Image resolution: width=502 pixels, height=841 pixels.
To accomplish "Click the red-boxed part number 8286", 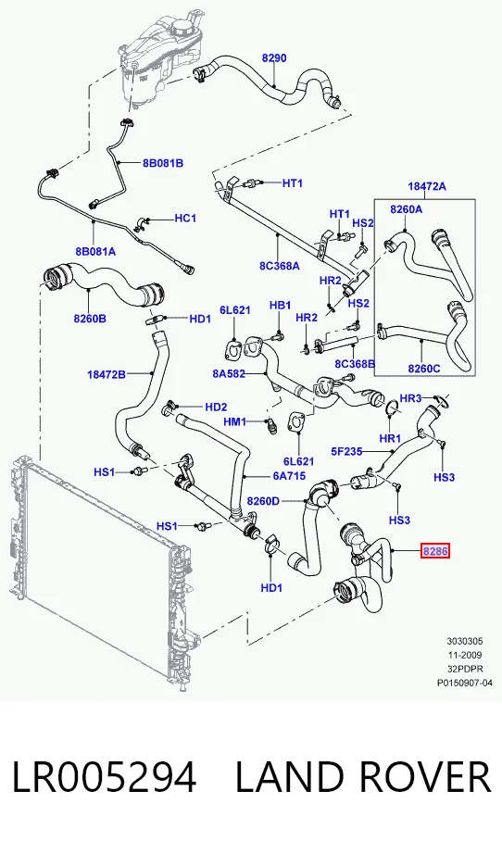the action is pyautogui.click(x=434, y=551).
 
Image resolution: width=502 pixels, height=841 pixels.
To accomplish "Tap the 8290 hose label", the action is pyautogui.click(x=274, y=58).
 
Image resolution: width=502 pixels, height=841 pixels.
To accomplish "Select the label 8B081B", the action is pyautogui.click(x=163, y=163).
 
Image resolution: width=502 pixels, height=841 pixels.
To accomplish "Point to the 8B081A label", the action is pyautogui.click(x=95, y=251).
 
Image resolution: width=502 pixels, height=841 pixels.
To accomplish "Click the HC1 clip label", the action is pyautogui.click(x=185, y=219).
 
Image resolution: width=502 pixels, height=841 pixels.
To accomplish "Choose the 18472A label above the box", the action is pyautogui.click(x=427, y=187).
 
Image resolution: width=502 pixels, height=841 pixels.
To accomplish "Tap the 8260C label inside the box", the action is pyautogui.click(x=423, y=369).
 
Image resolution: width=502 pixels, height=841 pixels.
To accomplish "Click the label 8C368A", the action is pyautogui.click(x=280, y=266).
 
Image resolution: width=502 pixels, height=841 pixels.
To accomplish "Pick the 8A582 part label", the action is pyautogui.click(x=229, y=373).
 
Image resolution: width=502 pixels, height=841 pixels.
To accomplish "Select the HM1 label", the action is pyautogui.click(x=234, y=422).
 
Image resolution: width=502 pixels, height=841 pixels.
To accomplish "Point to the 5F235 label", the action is pyautogui.click(x=346, y=452).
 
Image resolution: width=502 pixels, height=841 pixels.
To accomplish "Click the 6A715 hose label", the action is pyautogui.click(x=289, y=475).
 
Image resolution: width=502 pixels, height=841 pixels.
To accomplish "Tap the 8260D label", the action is pyautogui.click(x=263, y=501).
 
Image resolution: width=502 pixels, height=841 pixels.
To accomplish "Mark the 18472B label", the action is pyautogui.click(x=107, y=374).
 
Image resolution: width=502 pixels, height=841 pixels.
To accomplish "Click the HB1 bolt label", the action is pyautogui.click(x=280, y=305).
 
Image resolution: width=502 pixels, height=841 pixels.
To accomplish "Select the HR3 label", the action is pyautogui.click(x=411, y=398).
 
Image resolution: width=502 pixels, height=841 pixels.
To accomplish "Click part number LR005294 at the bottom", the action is pyautogui.click(x=104, y=778).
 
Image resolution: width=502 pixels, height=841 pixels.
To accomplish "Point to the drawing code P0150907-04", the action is pyautogui.click(x=464, y=683).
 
